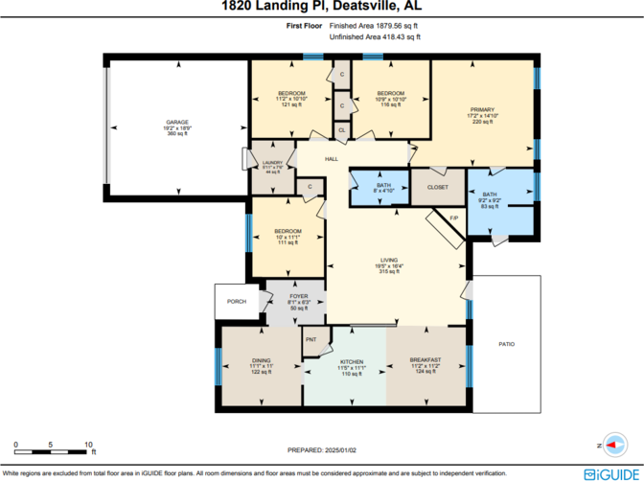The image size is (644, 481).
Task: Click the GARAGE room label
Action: click(177, 123)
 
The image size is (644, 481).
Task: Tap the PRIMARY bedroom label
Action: click(481, 110)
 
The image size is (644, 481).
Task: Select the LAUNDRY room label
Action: click(272, 163)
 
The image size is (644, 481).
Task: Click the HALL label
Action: click(332, 159)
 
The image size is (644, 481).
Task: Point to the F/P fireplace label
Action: click(454, 218)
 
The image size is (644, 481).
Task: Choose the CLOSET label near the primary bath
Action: click(438, 187)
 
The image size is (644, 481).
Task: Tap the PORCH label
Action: click(236, 302)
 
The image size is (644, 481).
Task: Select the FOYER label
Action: click(299, 297)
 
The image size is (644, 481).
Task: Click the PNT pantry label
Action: click(311, 340)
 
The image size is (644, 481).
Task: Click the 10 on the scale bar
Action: click(88, 444)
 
